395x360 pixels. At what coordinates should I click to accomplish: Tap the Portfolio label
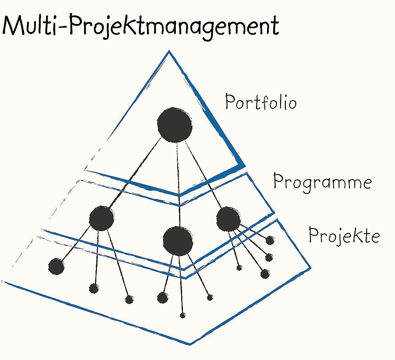point(261,102)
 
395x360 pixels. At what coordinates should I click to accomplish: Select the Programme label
point(322,181)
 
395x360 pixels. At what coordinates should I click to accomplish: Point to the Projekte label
point(344,235)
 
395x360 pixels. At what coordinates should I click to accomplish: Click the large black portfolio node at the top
point(175,125)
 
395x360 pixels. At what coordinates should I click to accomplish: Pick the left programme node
point(101,218)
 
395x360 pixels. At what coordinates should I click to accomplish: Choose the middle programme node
point(178,241)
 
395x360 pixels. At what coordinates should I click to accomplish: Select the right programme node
point(228,220)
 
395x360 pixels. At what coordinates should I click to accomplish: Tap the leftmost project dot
point(56,266)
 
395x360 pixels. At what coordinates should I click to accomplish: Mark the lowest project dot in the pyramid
point(183,315)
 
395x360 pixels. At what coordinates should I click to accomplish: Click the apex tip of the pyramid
point(169,52)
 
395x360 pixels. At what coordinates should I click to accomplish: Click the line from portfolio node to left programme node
point(134,175)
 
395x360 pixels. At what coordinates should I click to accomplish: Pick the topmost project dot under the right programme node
point(270,240)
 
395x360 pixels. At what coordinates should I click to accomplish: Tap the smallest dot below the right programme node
point(239,268)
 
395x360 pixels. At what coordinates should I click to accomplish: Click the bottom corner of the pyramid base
point(189,344)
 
